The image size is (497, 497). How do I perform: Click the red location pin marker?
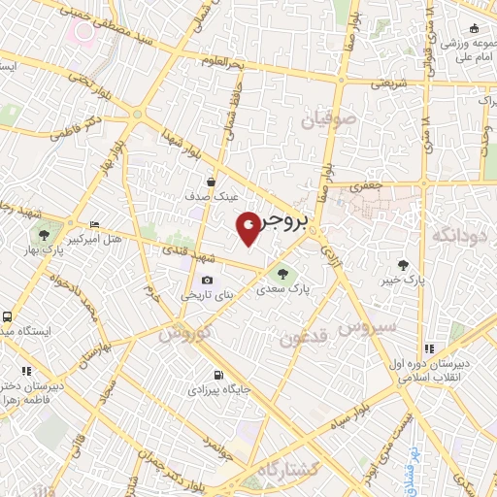249,228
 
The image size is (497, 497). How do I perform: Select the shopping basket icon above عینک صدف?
212,181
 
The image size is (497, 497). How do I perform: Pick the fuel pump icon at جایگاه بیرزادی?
217,375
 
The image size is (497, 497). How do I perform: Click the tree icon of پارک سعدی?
282,275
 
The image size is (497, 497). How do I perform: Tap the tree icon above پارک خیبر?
402,264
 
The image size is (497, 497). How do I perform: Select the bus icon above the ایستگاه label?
8,316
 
